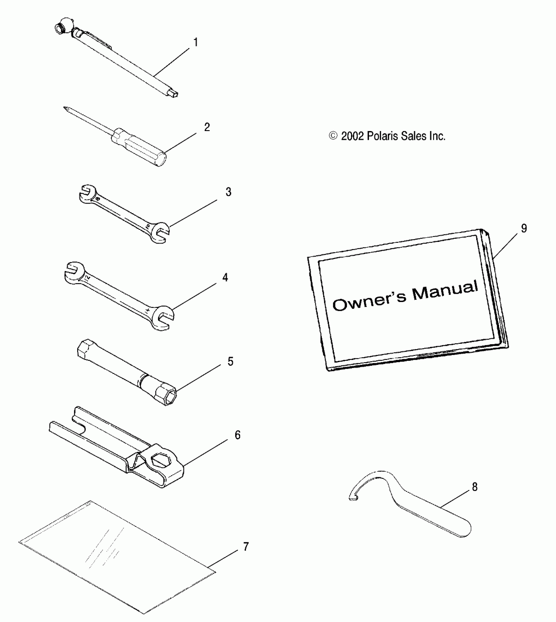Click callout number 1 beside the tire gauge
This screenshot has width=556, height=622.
pyautogui.click(x=196, y=42)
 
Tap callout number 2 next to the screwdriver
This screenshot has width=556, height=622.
pyautogui.click(x=207, y=127)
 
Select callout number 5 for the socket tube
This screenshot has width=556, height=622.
pyautogui.click(x=231, y=361)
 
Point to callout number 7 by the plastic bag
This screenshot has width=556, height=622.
pyautogui.click(x=246, y=546)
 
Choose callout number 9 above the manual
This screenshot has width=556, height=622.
pyautogui.click(x=524, y=228)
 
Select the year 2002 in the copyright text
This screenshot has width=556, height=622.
pyautogui.click(x=353, y=136)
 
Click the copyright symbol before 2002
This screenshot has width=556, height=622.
pyautogui.click(x=333, y=136)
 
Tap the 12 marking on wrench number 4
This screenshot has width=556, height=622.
pyautogui.click(x=87, y=278)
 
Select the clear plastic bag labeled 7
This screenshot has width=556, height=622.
pyautogui.click(x=111, y=556)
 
